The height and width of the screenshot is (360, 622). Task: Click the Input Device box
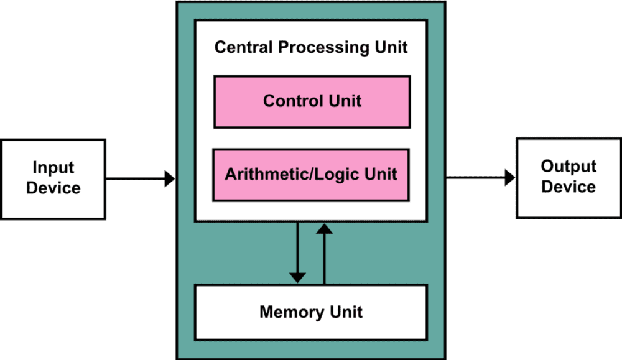pos(53,179)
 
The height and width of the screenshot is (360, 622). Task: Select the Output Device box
pos(569,178)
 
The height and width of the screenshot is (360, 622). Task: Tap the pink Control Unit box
pos(312,102)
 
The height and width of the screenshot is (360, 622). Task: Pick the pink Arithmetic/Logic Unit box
pos(311,175)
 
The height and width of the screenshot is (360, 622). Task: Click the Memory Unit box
pos(311,312)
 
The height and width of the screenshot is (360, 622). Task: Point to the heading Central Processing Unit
pos(311,47)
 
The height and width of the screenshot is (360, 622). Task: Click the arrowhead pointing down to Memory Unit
pos(297,277)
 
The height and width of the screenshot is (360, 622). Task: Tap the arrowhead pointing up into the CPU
pos(325,228)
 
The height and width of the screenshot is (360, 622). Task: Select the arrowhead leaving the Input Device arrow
pos(170,179)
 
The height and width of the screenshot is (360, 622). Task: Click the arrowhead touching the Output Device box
pos(510,177)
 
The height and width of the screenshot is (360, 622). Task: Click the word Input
pos(53,168)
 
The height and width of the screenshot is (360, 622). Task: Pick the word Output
pos(569,167)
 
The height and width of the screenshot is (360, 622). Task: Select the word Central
pos(244,47)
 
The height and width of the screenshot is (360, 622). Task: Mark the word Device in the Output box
pos(569,187)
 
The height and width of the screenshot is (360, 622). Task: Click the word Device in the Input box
pos(53,188)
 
